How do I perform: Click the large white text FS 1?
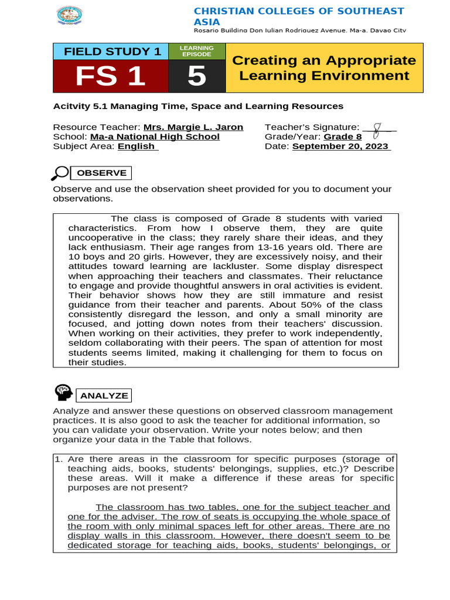[111, 76]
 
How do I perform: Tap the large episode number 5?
[197, 76]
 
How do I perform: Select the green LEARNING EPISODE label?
[197, 51]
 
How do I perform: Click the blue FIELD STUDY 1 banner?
[111, 52]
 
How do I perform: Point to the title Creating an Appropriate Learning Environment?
[324, 68]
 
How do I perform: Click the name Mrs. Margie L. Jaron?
[193, 127]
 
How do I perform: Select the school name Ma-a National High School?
[155, 137]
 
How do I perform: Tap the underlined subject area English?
[137, 146]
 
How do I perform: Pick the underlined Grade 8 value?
[343, 137]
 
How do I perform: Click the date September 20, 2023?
[340, 146]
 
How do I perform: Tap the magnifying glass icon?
[60, 173]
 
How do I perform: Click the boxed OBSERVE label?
[101, 173]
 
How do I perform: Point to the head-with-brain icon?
[63, 393]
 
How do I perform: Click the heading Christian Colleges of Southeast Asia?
[299, 16]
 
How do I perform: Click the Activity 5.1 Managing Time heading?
[198, 106]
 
